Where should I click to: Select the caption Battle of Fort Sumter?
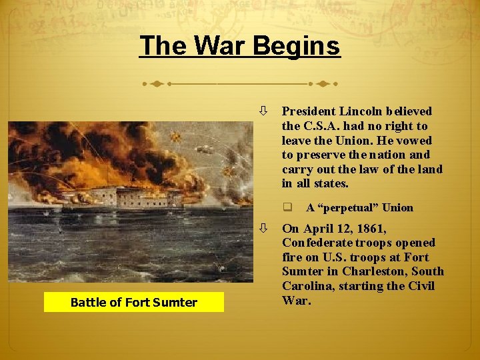(x=134, y=302)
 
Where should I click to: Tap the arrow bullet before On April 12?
(x=265, y=228)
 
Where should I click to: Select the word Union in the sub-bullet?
(x=397, y=207)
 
